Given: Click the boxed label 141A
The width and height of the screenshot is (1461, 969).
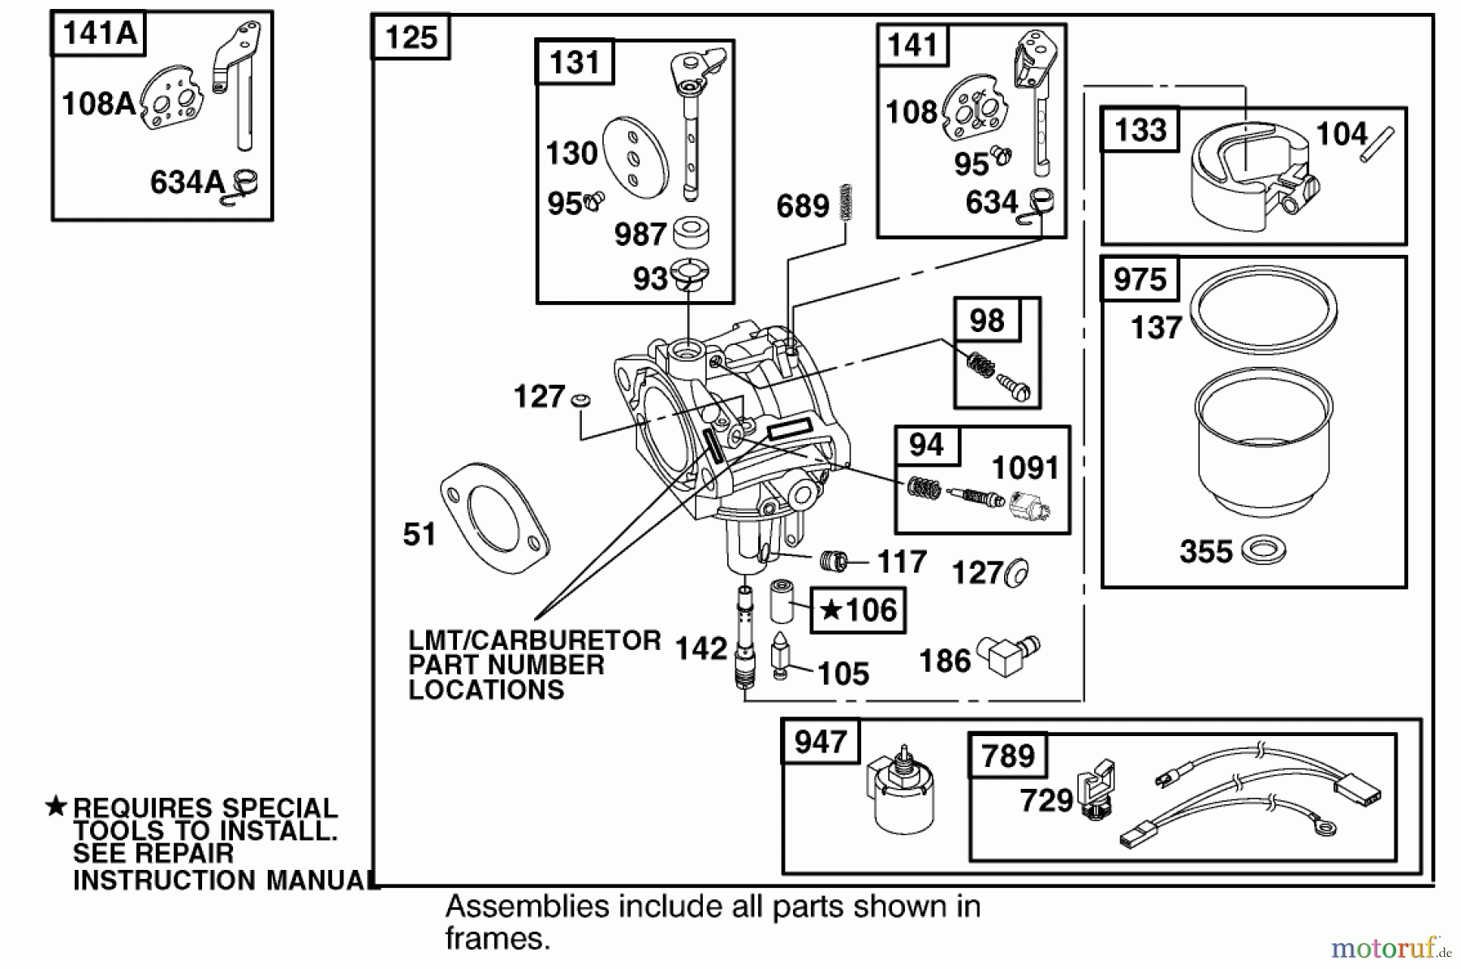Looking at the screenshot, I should click(x=98, y=34).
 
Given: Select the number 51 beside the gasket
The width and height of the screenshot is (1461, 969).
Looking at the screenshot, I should click(x=419, y=535).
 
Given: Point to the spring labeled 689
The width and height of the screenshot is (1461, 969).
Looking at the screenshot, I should click(x=847, y=202).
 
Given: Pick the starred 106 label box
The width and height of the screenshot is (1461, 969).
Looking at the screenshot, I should click(x=858, y=610).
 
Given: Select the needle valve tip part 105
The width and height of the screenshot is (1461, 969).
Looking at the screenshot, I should click(x=780, y=654).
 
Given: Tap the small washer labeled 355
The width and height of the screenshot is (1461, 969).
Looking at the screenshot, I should click(x=1264, y=550).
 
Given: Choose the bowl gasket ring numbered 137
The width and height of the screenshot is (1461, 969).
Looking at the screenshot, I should click(x=1263, y=310).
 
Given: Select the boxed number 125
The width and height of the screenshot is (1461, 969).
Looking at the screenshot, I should click(x=410, y=37).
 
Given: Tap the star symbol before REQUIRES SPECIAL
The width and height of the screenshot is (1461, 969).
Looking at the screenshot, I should click(x=56, y=806).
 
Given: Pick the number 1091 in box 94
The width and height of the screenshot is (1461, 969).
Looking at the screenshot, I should click(x=1025, y=468).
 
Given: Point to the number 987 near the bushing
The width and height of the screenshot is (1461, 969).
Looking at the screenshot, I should click(x=640, y=235).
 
